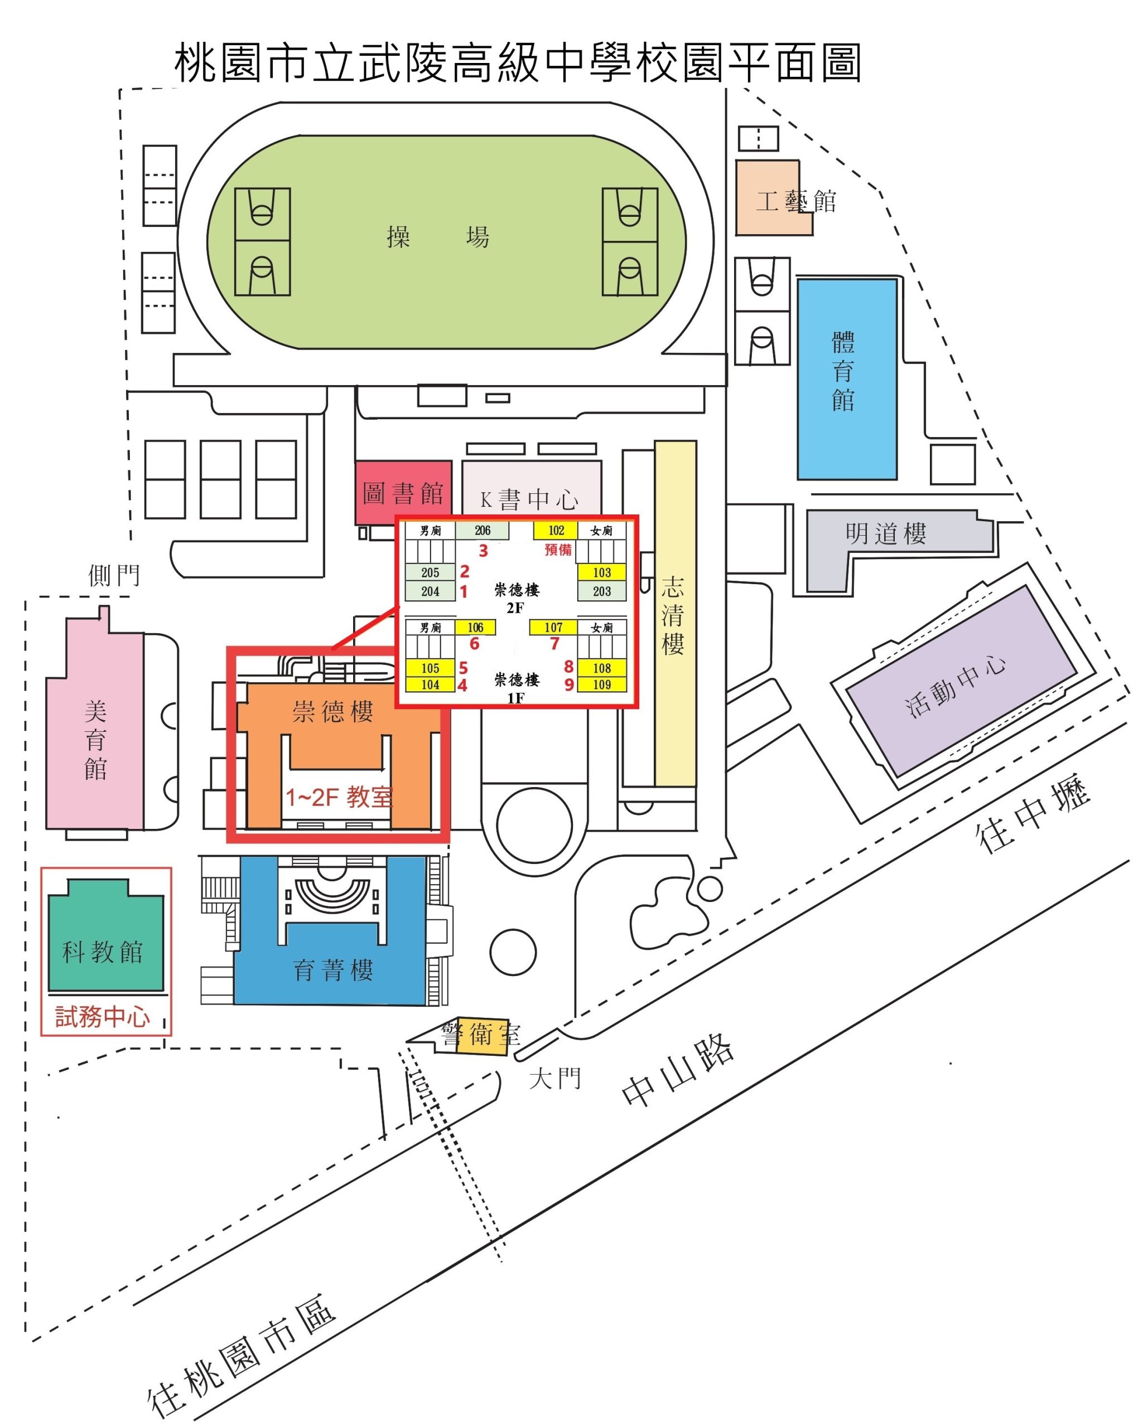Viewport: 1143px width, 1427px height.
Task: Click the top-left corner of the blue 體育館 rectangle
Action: coord(799,279)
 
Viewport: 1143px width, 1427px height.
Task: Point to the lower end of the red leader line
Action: coord(332,649)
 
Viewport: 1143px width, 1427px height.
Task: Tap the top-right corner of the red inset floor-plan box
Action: coord(638,516)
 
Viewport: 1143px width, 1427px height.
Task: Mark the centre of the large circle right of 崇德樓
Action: coord(534,826)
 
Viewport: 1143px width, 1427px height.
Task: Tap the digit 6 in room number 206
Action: coord(488,530)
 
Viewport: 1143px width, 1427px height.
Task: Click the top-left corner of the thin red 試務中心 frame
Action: coord(41,868)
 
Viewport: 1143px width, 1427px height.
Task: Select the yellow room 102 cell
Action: coord(556,530)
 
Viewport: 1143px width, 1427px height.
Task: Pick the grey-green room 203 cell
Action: coord(601,591)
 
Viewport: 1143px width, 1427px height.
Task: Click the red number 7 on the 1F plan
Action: coord(554,643)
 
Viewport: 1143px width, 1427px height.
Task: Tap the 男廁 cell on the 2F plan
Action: coord(431,531)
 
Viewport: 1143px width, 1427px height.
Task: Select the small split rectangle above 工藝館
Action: coord(758,138)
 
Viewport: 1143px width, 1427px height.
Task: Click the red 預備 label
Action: coord(558,550)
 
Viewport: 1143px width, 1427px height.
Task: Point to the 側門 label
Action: coord(114,575)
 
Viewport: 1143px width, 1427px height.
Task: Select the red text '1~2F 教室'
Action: coord(339,797)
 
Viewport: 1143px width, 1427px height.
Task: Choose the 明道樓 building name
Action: coord(885,533)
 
